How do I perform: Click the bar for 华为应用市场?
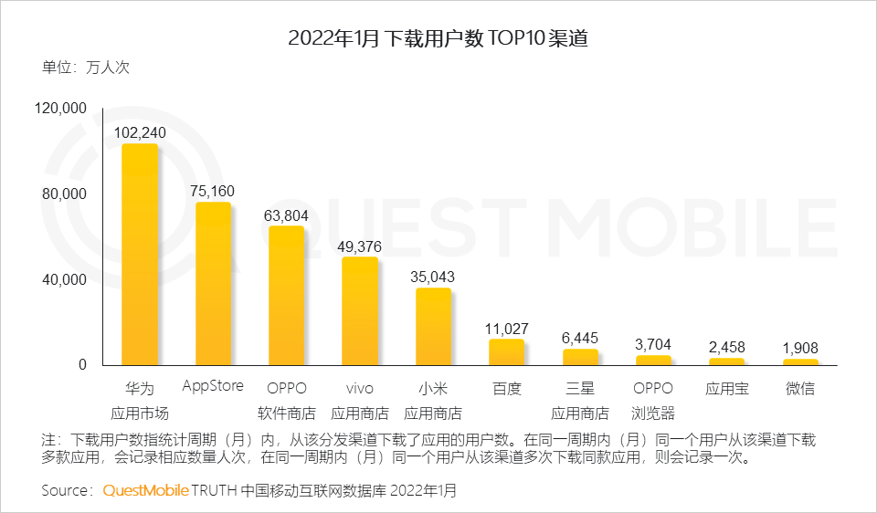coord(140,255)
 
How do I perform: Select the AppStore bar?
coord(214,284)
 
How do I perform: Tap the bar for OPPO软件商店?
coord(287,296)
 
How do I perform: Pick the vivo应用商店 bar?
coord(360,311)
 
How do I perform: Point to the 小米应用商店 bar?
coord(433,327)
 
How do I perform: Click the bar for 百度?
coord(506,352)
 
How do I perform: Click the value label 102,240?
coord(140,132)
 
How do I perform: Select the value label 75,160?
coord(214,191)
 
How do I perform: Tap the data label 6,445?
coord(580,337)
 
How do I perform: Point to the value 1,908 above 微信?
coord(800,348)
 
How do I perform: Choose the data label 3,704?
coord(653,344)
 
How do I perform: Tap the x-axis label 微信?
coord(800,389)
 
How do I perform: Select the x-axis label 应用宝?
coord(727,389)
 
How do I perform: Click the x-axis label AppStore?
coord(213,385)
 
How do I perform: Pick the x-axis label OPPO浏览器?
coord(653,400)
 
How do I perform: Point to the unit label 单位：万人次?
coord(86,68)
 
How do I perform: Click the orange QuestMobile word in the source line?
coord(145,490)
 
